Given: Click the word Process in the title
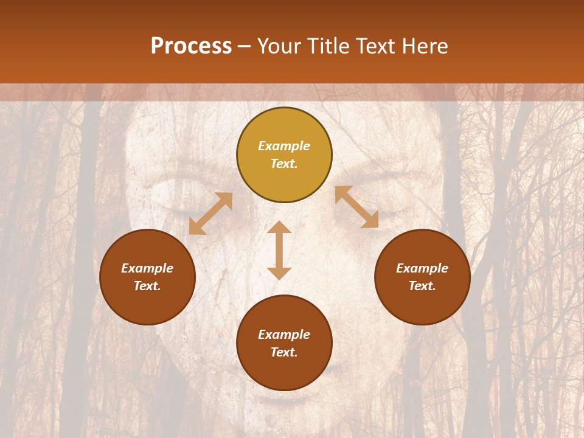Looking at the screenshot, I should (x=191, y=46).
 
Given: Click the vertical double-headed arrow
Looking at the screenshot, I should (x=279, y=250).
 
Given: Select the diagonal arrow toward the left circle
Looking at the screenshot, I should (x=210, y=214).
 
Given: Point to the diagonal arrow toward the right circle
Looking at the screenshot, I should (x=357, y=207).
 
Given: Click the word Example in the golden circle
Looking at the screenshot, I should (x=284, y=146).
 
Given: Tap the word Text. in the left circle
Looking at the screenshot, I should (x=147, y=286).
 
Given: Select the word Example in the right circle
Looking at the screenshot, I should (x=422, y=268).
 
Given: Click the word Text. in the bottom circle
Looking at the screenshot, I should (x=284, y=352).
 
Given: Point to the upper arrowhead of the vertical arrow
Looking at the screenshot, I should (x=279, y=226).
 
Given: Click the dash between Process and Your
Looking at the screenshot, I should (x=244, y=46).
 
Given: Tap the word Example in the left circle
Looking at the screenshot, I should (x=147, y=268).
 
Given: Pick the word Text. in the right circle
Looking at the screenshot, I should (x=422, y=286).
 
